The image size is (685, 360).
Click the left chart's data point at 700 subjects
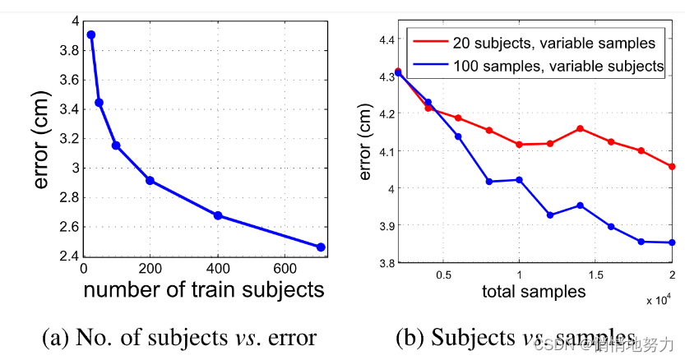coord(321,247)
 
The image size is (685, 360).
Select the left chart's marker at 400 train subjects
coord(218,215)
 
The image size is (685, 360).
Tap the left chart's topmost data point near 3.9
coord(91,35)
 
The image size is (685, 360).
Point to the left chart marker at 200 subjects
coord(150,180)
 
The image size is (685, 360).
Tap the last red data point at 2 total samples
coord(672,167)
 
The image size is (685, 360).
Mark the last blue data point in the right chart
coord(672,242)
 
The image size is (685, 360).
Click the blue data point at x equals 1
coord(519,180)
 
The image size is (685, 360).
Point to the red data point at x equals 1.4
coord(581,128)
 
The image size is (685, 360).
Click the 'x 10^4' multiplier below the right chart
coord(655,301)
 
